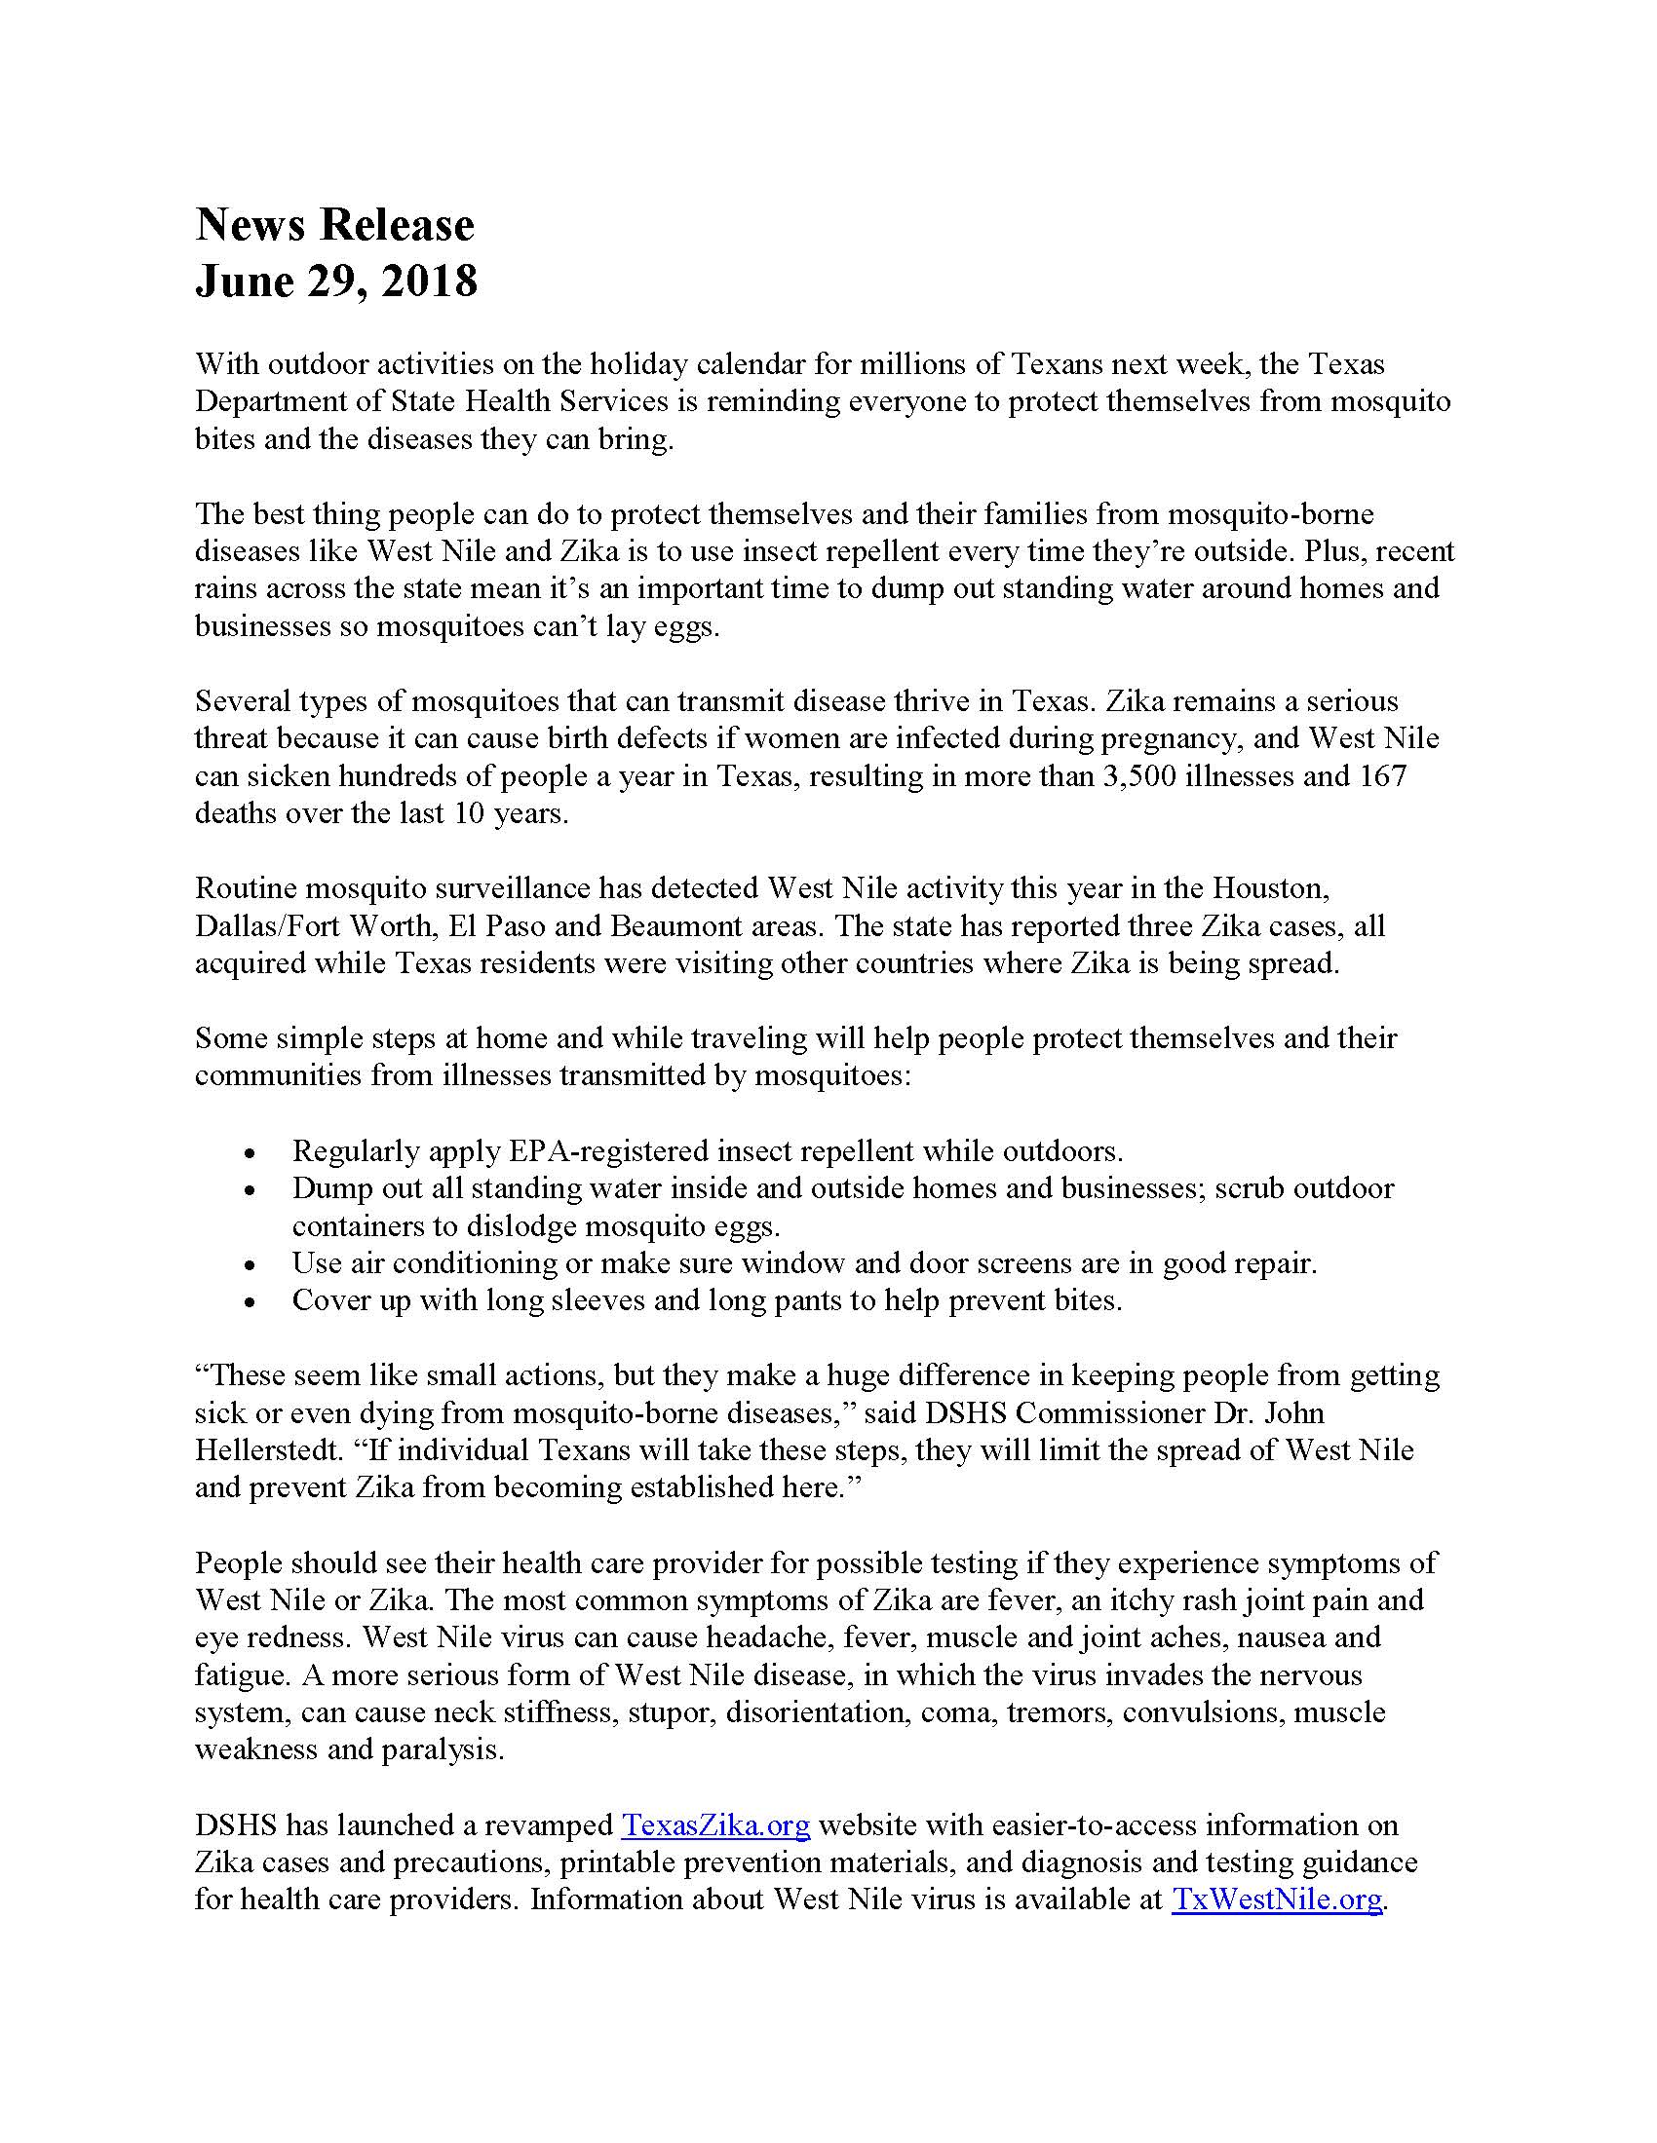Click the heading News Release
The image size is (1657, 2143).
click(334, 225)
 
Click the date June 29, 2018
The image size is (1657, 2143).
click(335, 281)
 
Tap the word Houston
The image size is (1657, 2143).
click(1270, 888)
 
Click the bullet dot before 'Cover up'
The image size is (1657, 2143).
click(252, 1302)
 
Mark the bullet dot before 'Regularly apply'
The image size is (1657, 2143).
click(252, 1152)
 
